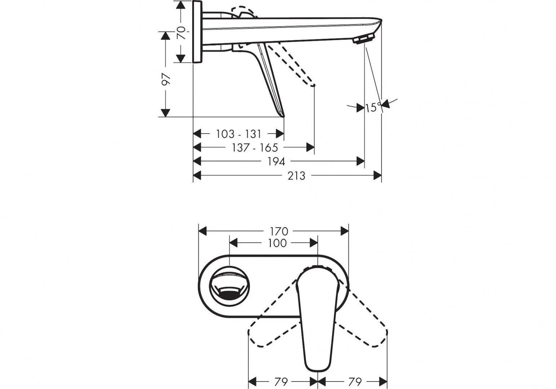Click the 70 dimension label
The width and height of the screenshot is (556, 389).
point(181,32)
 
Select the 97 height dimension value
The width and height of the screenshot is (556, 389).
point(166,79)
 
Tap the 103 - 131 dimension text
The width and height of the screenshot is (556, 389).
point(239,134)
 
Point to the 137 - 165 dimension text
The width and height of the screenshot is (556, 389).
point(255,148)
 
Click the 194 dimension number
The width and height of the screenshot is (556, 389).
point(276,162)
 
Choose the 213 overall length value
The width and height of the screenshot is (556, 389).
point(296,176)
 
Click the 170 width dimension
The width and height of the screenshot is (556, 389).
point(279,232)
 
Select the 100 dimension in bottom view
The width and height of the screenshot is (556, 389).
point(277,243)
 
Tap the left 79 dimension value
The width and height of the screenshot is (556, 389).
point(281,382)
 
